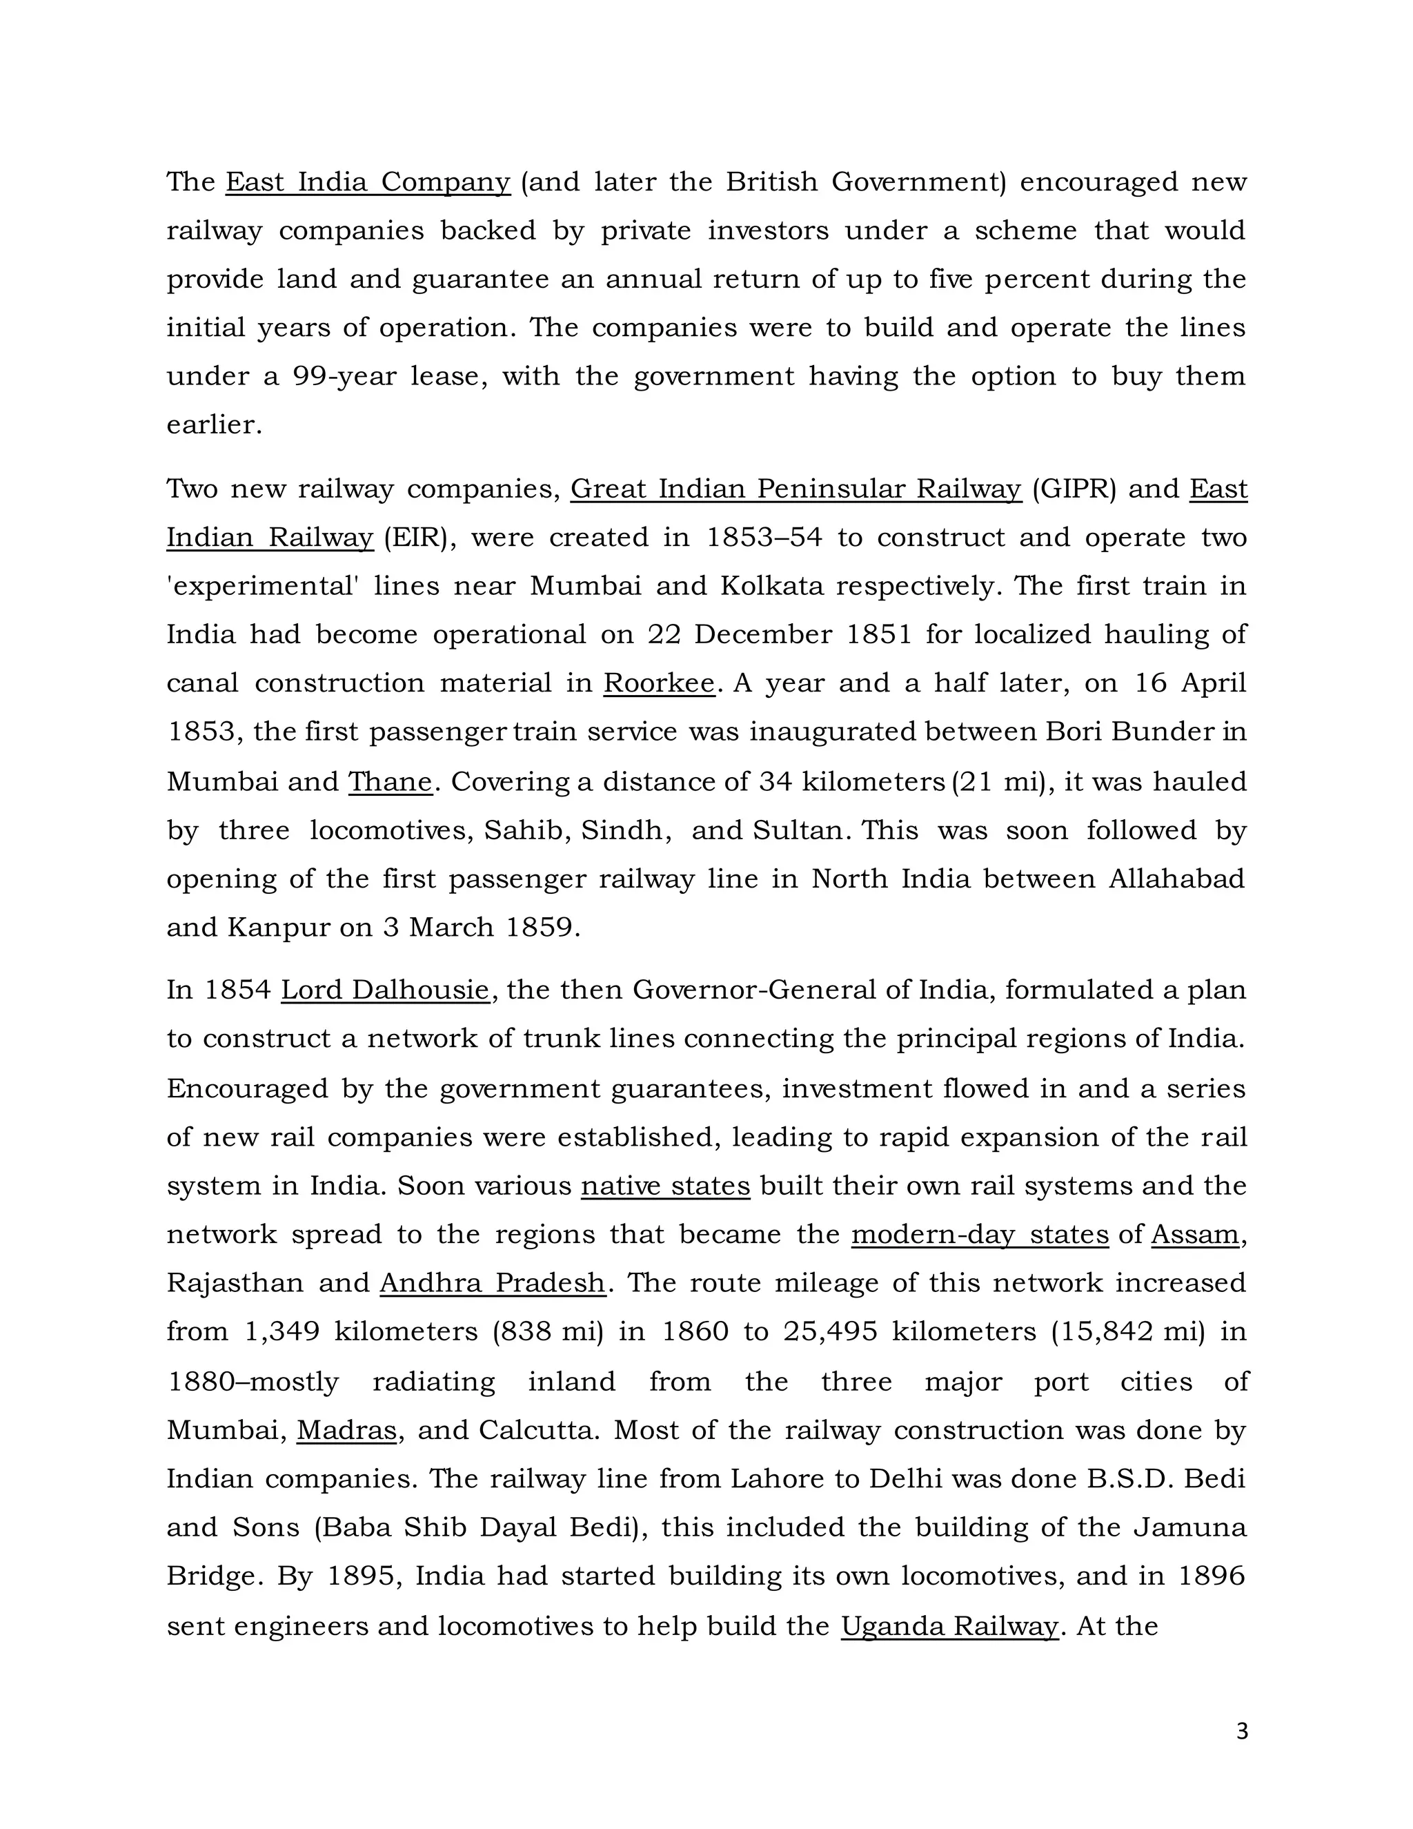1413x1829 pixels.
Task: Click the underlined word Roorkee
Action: click(x=659, y=683)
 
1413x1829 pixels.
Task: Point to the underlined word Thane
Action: click(x=390, y=781)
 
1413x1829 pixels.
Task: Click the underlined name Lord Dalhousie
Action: click(x=385, y=990)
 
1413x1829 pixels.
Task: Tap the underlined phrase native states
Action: click(x=666, y=1186)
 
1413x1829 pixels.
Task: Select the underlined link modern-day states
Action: click(x=980, y=1235)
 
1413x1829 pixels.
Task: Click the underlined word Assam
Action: click(x=1194, y=1235)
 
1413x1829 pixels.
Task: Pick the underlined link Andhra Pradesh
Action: click(x=492, y=1283)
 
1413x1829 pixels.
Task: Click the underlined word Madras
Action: click(x=346, y=1429)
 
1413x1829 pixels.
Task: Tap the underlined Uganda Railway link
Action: click(x=949, y=1625)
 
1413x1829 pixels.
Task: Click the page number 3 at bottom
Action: click(x=1241, y=1731)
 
